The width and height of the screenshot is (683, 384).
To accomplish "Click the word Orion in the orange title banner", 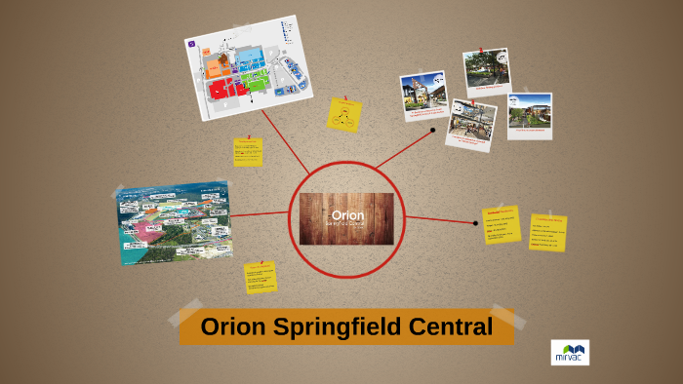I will (x=231, y=326).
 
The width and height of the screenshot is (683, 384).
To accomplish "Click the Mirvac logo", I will (x=569, y=352).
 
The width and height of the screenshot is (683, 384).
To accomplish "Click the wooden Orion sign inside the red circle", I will (x=347, y=219).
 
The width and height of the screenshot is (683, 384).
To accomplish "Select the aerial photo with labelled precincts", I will (x=175, y=222).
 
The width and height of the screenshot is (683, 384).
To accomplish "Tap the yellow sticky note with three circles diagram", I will (x=344, y=115).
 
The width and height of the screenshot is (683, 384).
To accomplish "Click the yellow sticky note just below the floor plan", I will (x=248, y=152).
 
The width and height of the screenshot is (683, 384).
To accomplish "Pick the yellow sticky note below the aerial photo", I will (x=261, y=277).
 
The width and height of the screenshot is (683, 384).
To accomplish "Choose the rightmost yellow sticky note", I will (x=547, y=231).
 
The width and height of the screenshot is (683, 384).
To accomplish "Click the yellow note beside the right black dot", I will (x=502, y=224).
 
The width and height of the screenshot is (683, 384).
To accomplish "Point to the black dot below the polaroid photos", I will (x=433, y=130).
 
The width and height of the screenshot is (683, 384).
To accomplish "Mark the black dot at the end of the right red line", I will (x=475, y=223).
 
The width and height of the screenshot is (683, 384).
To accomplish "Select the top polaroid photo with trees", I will (x=485, y=72).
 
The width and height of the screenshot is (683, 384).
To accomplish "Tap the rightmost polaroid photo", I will (x=529, y=115).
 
